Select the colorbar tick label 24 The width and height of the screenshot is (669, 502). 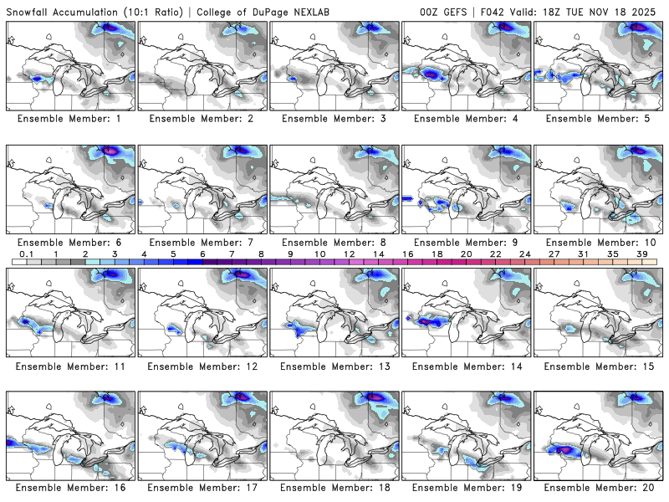coord(524,253)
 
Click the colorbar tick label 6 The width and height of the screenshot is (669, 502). coord(202,253)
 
